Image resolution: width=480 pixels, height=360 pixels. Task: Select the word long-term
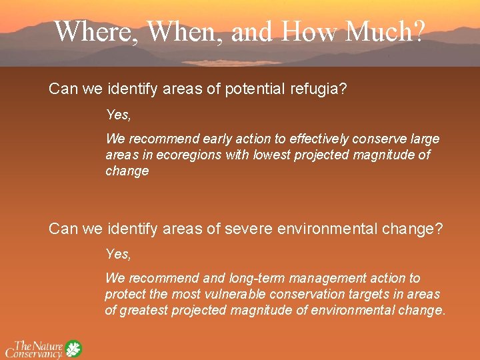(256, 278)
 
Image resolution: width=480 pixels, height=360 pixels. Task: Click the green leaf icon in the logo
(73, 349)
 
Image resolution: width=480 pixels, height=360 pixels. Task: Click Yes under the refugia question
(118, 115)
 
